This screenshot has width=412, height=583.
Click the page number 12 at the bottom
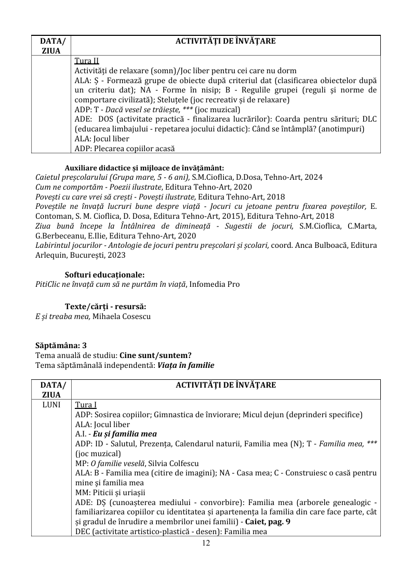click(x=206, y=543)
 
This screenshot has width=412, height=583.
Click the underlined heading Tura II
click(x=87, y=61)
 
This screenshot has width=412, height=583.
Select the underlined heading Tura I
click(x=86, y=405)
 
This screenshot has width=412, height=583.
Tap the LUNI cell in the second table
click(x=51, y=405)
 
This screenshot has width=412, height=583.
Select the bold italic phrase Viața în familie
click(x=186, y=365)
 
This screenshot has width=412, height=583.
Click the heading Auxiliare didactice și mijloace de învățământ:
click(x=144, y=167)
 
